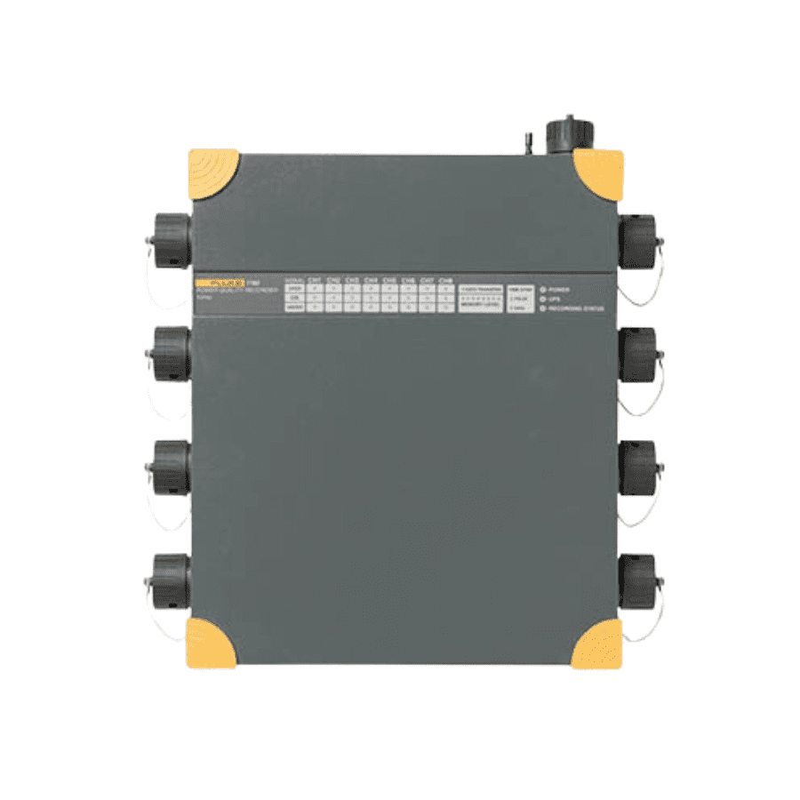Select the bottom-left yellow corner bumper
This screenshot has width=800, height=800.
click(x=210, y=644)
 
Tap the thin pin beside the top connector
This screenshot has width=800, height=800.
click(x=527, y=142)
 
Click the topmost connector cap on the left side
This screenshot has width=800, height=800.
click(x=170, y=241)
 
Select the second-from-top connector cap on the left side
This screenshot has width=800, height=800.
click(x=170, y=353)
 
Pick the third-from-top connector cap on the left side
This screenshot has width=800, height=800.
click(x=170, y=466)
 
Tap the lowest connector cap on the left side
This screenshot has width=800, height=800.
click(x=170, y=580)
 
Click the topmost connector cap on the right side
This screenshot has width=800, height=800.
click(x=637, y=241)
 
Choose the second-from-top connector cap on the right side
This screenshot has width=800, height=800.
click(x=637, y=353)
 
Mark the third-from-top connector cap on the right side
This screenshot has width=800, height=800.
click(x=637, y=466)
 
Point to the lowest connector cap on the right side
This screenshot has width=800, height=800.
click(x=637, y=580)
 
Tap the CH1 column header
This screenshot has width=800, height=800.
click(x=315, y=281)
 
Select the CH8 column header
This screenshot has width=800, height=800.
click(x=446, y=281)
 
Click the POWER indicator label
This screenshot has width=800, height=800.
click(x=559, y=290)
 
